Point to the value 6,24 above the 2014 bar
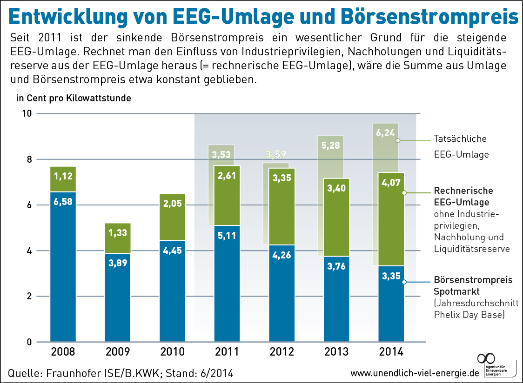click(x=385, y=133)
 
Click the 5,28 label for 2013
click(x=330, y=145)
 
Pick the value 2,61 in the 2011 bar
click(x=227, y=176)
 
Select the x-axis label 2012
click(x=282, y=352)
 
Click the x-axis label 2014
click(x=391, y=352)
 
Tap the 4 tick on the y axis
click(x=28, y=251)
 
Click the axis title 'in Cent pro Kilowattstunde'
click(x=74, y=98)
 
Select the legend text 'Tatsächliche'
click(x=460, y=139)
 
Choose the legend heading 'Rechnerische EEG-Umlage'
click(x=463, y=196)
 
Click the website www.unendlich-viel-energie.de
click(x=414, y=373)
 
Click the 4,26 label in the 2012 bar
click(x=282, y=254)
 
